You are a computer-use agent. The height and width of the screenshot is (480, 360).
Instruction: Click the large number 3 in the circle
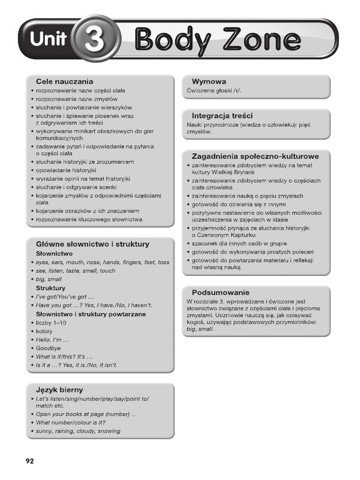95,39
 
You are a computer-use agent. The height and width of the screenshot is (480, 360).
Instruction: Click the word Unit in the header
48,39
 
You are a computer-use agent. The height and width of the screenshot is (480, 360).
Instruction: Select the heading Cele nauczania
64,82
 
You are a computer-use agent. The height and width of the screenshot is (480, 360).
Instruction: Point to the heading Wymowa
209,82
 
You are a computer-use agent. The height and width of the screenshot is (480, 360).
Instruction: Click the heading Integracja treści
222,115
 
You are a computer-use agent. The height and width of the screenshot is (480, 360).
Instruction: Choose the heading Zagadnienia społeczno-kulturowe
255,156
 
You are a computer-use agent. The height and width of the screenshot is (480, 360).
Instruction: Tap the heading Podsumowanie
220,292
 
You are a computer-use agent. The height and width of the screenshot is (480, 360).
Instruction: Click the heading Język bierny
60,390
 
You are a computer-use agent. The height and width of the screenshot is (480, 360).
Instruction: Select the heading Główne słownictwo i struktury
93,244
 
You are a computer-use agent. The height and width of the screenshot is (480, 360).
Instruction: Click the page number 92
30,461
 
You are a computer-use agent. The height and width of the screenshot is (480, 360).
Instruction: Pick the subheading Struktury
51,288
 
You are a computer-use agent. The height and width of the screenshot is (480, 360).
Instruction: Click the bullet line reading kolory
44,331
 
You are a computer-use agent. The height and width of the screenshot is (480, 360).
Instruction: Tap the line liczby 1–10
51,323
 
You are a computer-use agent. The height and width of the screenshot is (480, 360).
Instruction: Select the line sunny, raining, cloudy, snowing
78,431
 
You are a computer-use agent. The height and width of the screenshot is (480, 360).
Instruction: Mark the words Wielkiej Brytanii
231,172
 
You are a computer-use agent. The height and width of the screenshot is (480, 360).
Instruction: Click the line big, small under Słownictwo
49,279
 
